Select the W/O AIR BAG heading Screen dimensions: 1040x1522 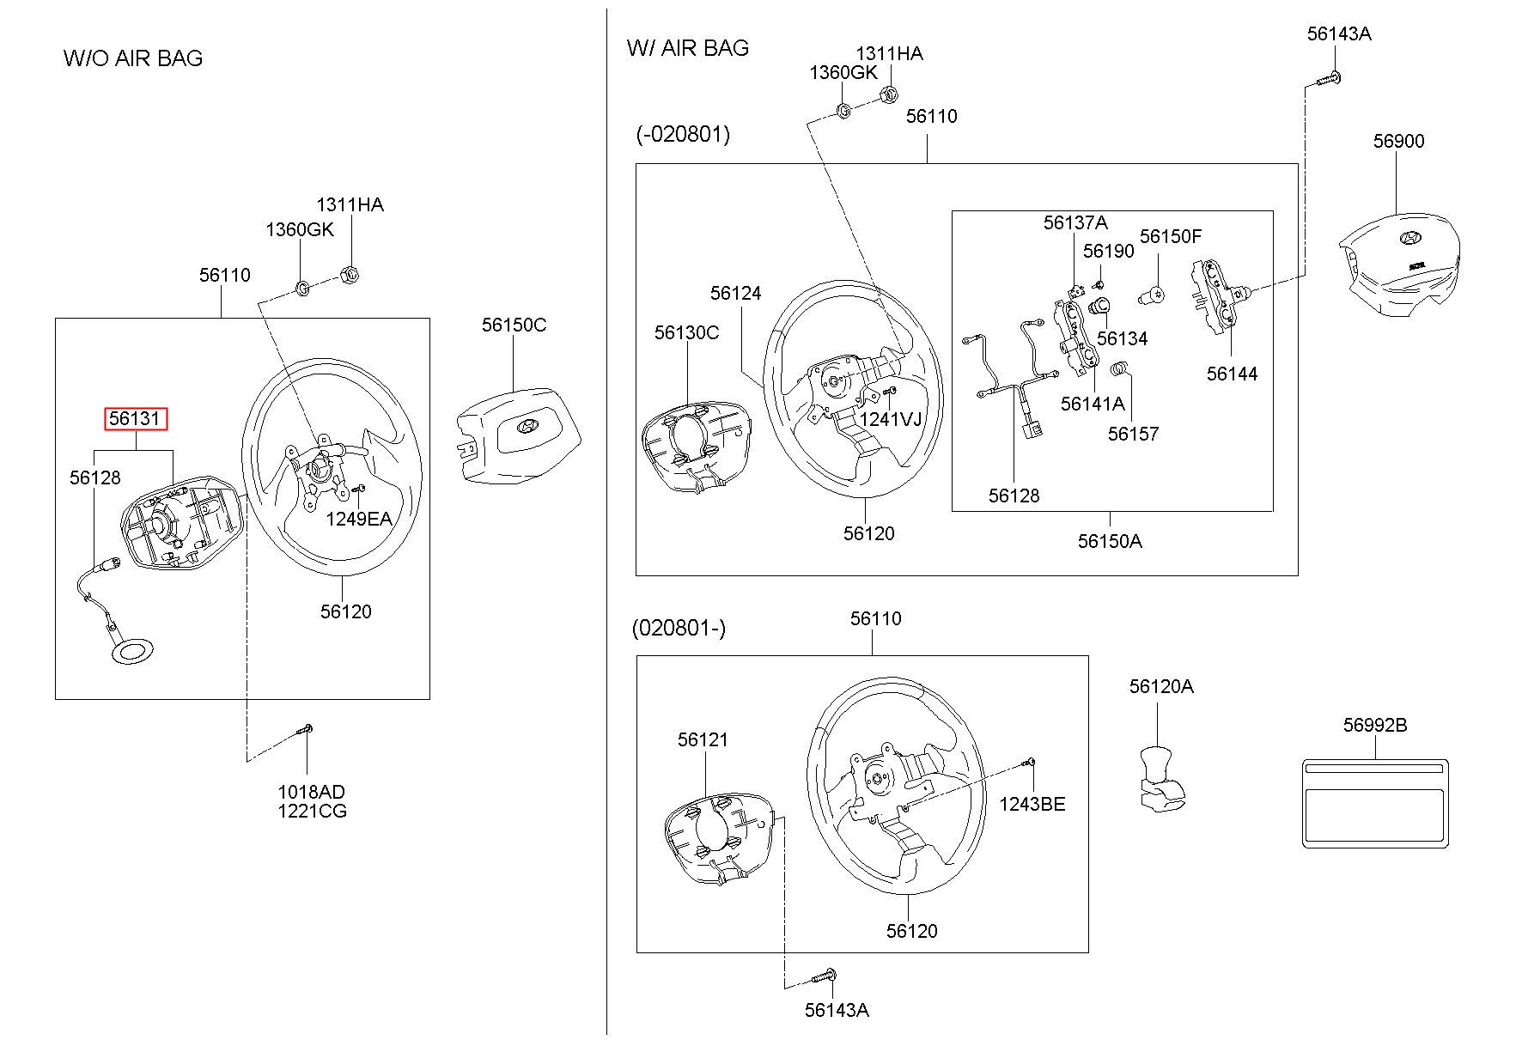133,58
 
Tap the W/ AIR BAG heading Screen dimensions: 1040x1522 688,47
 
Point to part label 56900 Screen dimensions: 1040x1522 1398,141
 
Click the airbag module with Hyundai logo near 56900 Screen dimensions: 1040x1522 1401,267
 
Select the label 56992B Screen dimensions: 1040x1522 1375,726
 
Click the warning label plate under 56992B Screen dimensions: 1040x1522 1375,804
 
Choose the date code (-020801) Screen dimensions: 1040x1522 683,135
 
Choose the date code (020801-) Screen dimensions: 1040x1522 679,628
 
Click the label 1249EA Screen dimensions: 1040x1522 358,519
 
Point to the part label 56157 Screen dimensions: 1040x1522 1133,434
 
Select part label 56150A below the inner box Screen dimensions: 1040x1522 1110,541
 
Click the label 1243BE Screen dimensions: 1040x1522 1032,804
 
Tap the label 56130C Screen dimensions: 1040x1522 686,332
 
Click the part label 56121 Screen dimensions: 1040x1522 703,739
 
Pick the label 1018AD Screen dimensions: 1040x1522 311,792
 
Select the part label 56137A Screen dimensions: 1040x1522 1075,223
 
